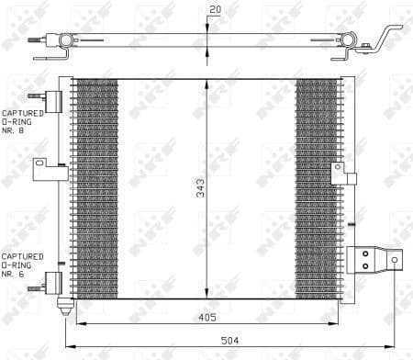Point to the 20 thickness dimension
point(214,9)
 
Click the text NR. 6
point(13,273)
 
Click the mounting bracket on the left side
point(42,166)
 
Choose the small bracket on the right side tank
point(338,173)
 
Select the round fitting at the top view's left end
point(64,41)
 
